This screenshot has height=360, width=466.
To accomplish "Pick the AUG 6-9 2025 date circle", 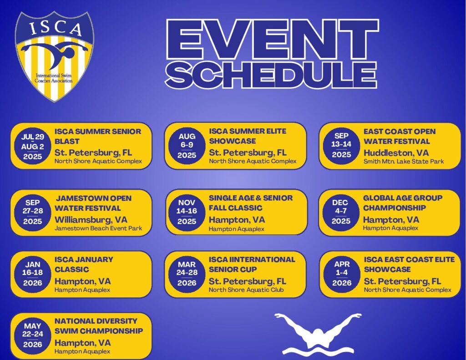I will pos(187,146).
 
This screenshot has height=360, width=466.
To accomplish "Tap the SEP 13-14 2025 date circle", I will pos(341,145).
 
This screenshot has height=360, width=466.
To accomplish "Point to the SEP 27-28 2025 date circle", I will pos(32,212).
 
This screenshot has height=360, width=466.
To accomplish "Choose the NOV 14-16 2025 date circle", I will pos(187,212).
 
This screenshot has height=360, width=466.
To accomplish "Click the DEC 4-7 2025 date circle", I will pos(341,212).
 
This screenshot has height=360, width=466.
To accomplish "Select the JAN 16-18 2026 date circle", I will pos(32,274).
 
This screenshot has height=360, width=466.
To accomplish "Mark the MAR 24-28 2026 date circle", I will pos(187,274).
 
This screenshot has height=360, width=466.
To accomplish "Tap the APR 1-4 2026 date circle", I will pos(342,274).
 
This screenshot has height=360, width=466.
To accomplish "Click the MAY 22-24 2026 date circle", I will pos(32,335).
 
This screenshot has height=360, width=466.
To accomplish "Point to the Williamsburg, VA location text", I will pos(91,219).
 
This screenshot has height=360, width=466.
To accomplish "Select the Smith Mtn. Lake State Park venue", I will pos(404,161).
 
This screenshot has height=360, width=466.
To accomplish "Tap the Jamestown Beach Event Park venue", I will pos(98,228).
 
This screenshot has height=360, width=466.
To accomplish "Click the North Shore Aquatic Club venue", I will pos(246,290).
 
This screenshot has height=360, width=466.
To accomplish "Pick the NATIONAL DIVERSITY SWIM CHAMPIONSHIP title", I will pos(99,326).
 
